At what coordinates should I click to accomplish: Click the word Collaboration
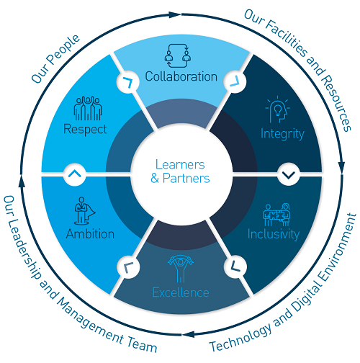tap(181, 76)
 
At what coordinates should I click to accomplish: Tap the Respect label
tap(85, 130)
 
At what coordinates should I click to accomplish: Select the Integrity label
tap(282, 134)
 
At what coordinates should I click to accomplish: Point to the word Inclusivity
tap(274, 234)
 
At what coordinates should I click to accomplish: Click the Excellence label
tap(181, 292)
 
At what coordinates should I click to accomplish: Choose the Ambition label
tap(90, 233)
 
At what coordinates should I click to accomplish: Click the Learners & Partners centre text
tap(180, 171)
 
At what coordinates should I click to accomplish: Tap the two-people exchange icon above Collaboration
tap(178, 55)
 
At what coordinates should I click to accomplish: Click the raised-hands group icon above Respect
tap(88, 108)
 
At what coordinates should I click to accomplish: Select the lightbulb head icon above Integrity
tap(278, 109)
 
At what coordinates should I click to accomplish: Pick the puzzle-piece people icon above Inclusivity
tap(276, 215)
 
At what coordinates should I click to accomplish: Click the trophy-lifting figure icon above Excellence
tap(181, 269)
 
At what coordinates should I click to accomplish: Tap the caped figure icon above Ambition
tap(84, 211)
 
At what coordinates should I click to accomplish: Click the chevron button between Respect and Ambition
tap(75, 174)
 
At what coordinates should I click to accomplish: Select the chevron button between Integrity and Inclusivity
tap(289, 174)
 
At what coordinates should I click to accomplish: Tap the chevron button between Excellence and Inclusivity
tap(235, 266)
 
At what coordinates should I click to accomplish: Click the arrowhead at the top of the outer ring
tap(174, 14)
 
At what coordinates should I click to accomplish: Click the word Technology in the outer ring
tap(241, 337)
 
